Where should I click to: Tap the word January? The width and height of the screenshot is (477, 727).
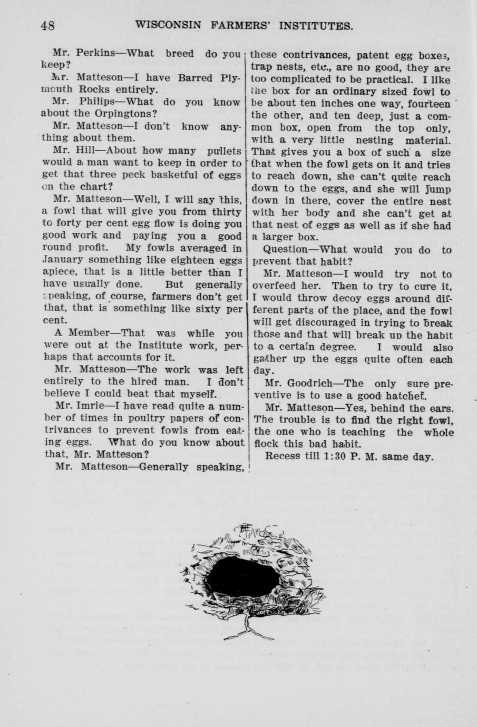point(62,260)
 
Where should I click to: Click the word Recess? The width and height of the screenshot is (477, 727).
point(283,456)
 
